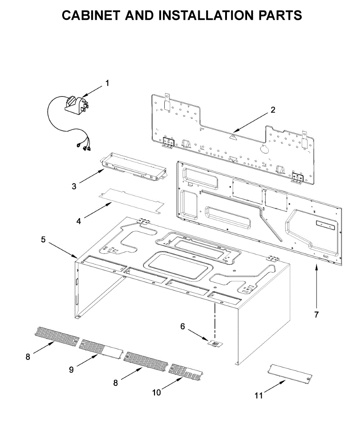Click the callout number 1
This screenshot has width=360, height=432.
(x=107, y=84)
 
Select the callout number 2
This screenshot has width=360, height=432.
(x=273, y=110)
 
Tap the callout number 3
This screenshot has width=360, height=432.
(x=74, y=186)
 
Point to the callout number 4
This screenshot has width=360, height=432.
(x=78, y=221)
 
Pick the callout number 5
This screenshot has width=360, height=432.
(x=43, y=239)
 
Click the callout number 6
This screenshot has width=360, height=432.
(x=182, y=327)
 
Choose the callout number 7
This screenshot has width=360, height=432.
(x=316, y=315)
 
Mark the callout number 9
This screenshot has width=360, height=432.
(x=71, y=369)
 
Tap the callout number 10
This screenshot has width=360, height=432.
(x=156, y=392)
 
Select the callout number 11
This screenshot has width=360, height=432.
(x=259, y=396)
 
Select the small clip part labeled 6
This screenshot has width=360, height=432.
(x=215, y=343)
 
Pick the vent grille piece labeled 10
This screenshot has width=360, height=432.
(x=186, y=373)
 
